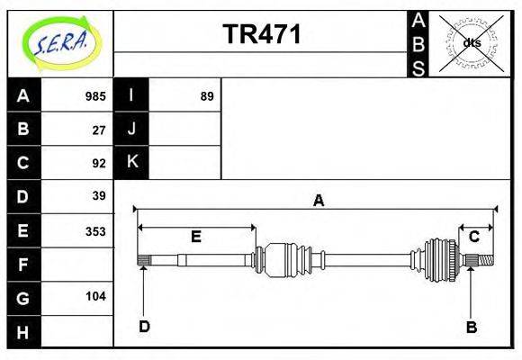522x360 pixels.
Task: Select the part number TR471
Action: (262, 34)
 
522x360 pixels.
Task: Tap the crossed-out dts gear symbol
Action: (471, 43)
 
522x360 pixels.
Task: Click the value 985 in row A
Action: (94, 96)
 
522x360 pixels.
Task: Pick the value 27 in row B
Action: (99, 130)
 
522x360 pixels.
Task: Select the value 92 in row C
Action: (99, 163)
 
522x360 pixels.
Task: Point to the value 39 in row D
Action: (99, 196)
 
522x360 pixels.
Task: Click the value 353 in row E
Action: (94, 230)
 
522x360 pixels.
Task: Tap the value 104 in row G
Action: (94, 296)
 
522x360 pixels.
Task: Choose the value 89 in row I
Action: (206, 96)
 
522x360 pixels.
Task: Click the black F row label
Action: (23, 264)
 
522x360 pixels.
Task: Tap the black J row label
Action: (131, 130)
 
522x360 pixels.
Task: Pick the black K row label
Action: (131, 163)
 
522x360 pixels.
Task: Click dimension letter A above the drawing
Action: (318, 201)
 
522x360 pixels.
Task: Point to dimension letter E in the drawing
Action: (195, 237)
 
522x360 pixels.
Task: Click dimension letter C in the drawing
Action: (473, 237)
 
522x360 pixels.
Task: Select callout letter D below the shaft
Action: (144, 326)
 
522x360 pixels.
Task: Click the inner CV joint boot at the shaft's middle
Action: (287, 260)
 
